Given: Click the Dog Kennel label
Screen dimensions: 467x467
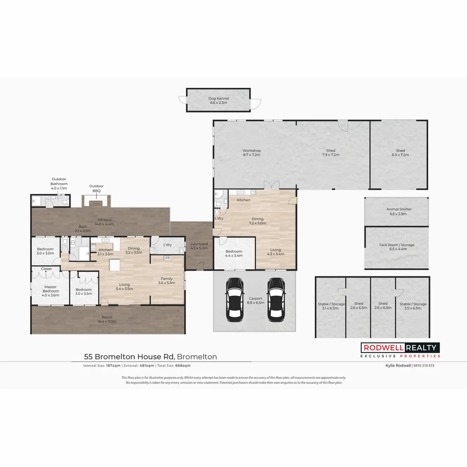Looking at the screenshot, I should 218,101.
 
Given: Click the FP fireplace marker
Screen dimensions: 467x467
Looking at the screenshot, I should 167,258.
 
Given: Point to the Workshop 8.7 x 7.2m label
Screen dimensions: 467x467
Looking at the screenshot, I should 252,153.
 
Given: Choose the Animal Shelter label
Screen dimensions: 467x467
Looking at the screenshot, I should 399,211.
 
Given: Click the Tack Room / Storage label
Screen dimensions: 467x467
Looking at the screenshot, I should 397,247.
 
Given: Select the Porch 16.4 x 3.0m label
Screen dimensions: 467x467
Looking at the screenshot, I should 106,319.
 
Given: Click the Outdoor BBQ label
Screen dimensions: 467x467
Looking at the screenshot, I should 96,189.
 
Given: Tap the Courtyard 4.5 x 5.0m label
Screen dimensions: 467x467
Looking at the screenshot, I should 199,246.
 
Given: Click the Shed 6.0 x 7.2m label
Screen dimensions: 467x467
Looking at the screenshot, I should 400,153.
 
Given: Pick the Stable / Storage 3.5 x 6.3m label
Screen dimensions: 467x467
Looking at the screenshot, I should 413,306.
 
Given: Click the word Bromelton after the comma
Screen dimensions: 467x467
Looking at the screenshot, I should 197,357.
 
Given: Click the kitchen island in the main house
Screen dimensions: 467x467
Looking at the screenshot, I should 115,265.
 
